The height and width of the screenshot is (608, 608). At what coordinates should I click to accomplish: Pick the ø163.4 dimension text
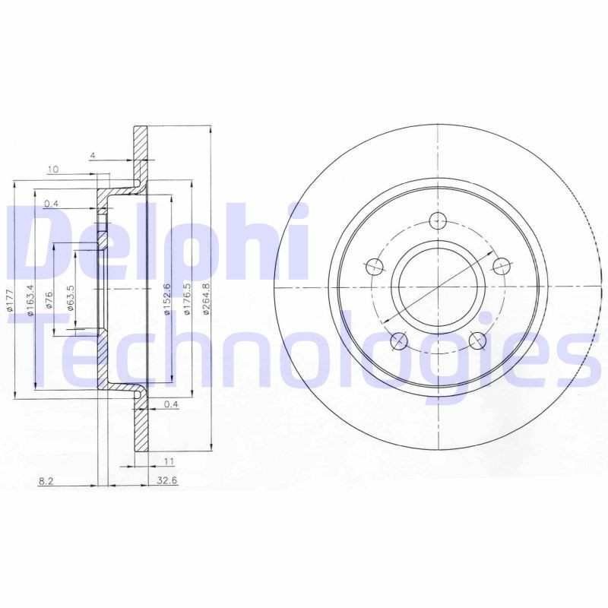[x=30, y=296]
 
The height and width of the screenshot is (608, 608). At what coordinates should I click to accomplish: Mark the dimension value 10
[x=53, y=169]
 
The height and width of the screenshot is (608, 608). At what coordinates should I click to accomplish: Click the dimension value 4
[x=92, y=156]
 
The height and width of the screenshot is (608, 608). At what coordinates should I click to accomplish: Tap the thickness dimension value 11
[x=169, y=461]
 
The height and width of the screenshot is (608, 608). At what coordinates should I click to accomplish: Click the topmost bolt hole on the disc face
[x=438, y=222]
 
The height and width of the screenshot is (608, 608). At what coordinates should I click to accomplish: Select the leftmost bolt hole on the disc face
[x=374, y=267]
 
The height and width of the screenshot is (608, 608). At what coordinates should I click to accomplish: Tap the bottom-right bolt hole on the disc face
[x=477, y=340]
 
